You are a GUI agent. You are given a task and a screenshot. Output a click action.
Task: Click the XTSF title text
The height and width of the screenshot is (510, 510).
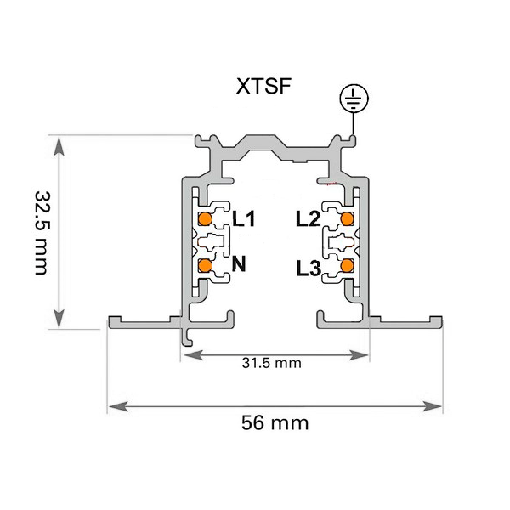pos(263,86)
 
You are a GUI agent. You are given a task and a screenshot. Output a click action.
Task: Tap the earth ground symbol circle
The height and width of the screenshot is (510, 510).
pos(354,99)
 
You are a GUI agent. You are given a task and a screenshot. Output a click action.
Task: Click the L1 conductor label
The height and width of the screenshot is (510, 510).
pos(244,218)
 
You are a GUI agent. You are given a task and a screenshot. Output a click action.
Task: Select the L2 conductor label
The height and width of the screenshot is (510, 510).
pos(309,218)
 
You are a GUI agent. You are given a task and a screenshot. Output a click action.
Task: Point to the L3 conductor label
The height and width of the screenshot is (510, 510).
pos(309,269)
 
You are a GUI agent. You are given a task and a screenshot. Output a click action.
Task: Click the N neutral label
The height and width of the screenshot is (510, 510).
pos(239,263)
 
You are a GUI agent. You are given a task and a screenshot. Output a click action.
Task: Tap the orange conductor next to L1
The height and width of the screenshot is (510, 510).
pos(205,219)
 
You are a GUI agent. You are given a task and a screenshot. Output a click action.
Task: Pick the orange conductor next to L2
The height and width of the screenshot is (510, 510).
pos(347,219)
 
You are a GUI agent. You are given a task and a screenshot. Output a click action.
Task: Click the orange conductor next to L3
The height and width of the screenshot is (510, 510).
pos(347,266)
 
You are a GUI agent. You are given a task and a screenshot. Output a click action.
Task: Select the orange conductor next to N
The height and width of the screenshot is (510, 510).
pos(205,266)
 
